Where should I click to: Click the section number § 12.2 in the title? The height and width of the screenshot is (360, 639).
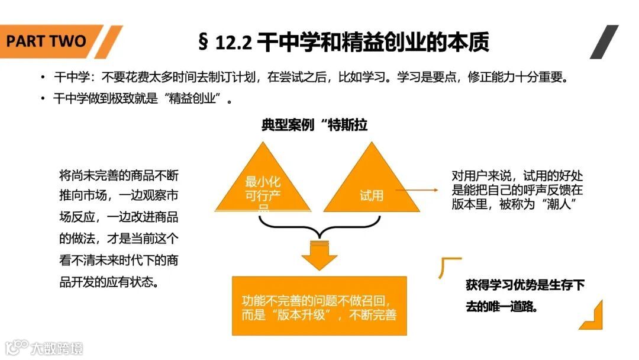[226, 42]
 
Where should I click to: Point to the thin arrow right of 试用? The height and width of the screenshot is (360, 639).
[417, 191]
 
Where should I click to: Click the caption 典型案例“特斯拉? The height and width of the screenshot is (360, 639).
[318, 126]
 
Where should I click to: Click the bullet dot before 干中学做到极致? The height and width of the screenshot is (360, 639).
[43, 98]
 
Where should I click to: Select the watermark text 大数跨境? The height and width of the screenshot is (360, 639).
[57, 348]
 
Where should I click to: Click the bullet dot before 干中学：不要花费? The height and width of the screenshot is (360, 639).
[43, 78]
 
